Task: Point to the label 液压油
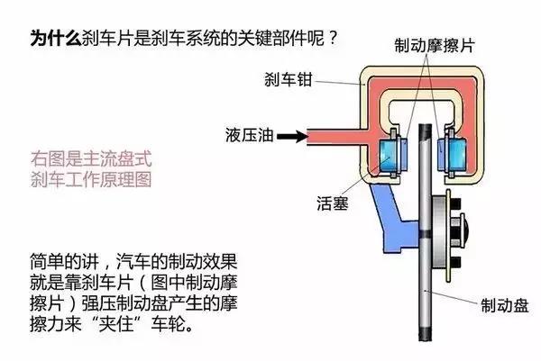pos(243,138)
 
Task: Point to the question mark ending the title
pos(335,39)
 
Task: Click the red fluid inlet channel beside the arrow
pos(334,138)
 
